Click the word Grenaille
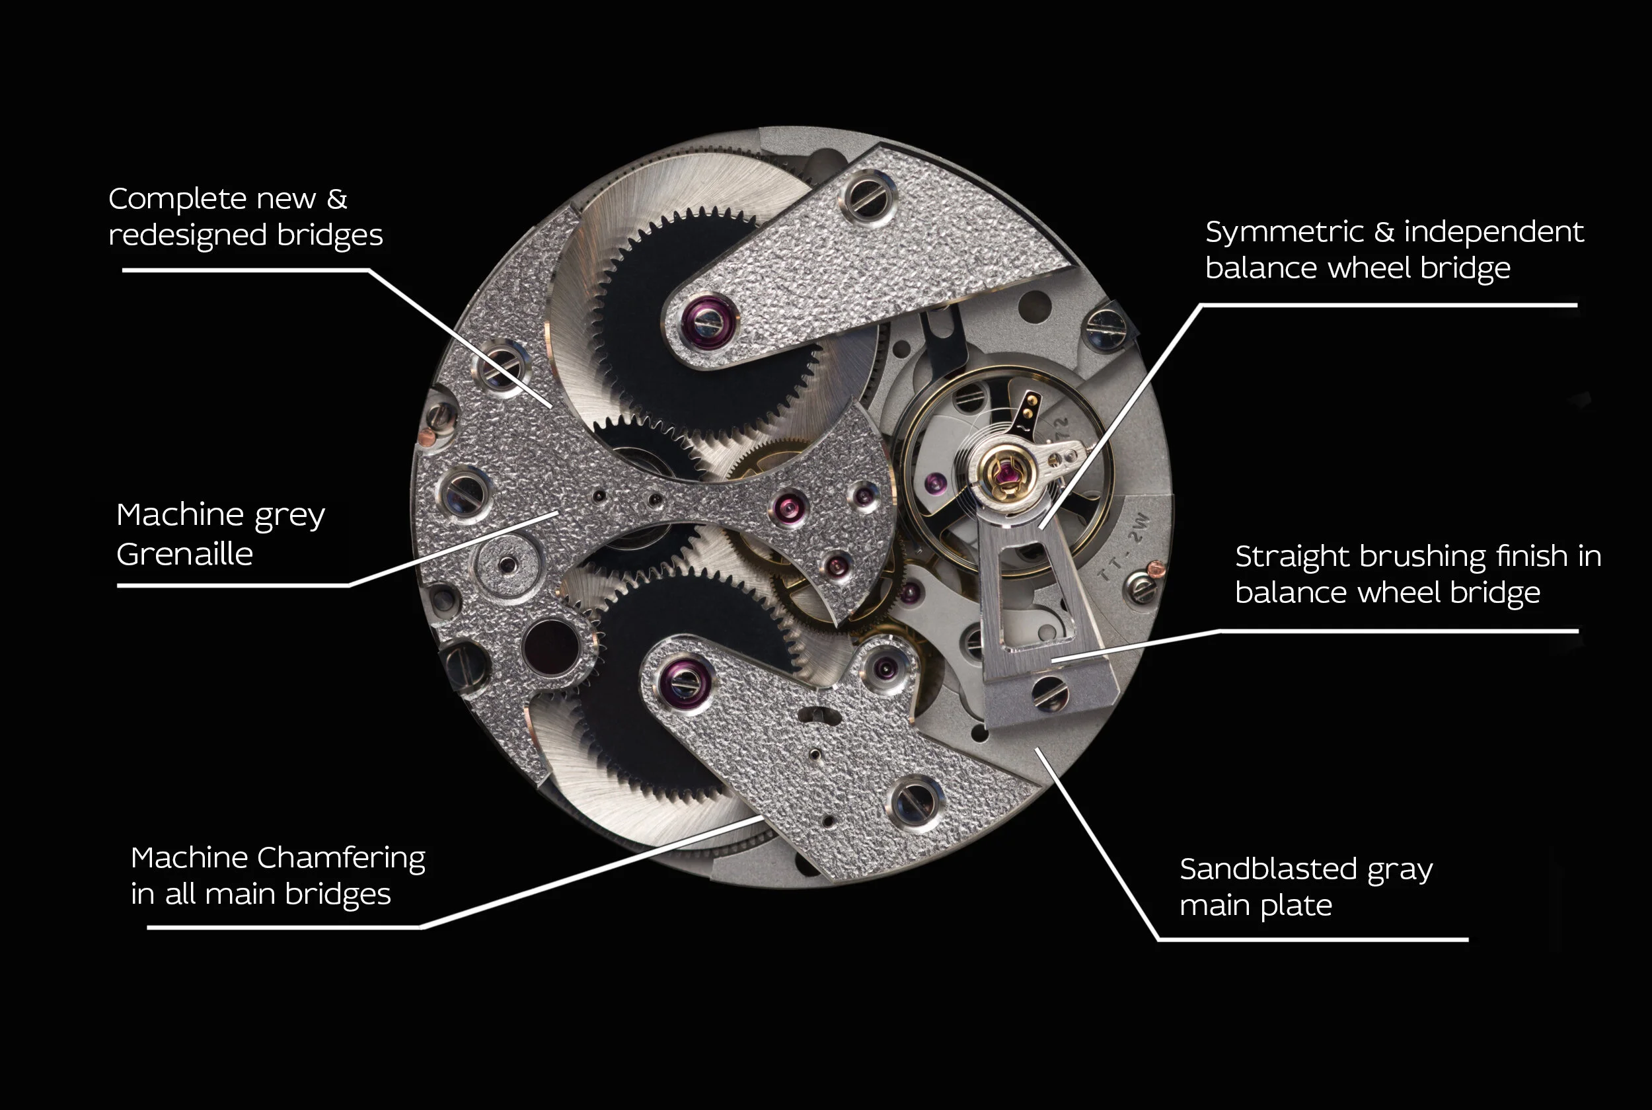[184, 554]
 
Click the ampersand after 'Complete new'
[337, 199]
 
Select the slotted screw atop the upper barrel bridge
[868, 197]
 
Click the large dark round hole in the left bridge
[551, 648]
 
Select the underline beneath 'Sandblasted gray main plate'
[1313, 939]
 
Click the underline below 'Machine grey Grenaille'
[233, 586]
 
